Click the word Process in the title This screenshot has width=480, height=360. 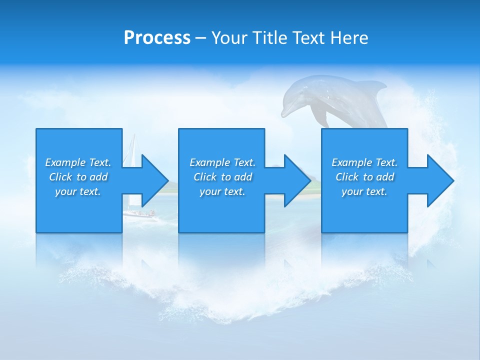[157, 38]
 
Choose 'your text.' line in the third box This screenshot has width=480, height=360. [364, 191]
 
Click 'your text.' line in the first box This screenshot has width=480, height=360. [78, 191]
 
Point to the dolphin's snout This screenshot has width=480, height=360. [284, 113]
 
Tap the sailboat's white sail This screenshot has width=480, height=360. [131, 150]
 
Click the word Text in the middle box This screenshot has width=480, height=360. [244, 162]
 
